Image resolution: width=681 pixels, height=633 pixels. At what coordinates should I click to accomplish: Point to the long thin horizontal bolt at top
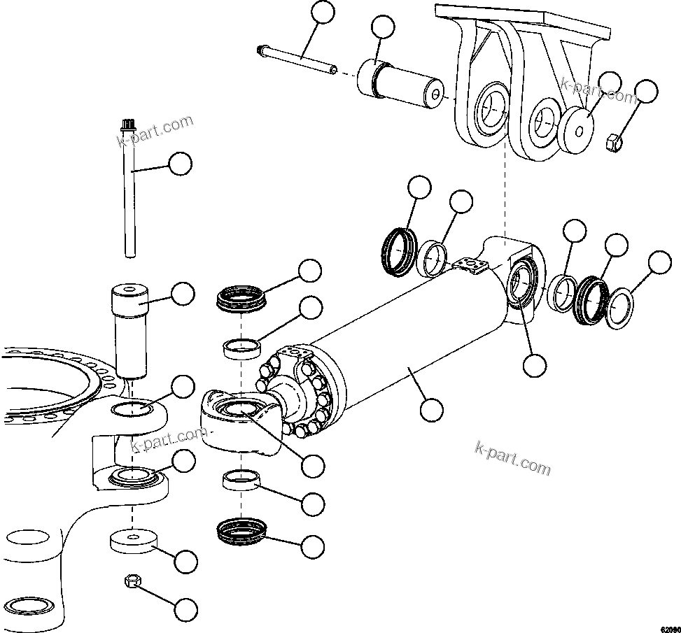click(x=297, y=59)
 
